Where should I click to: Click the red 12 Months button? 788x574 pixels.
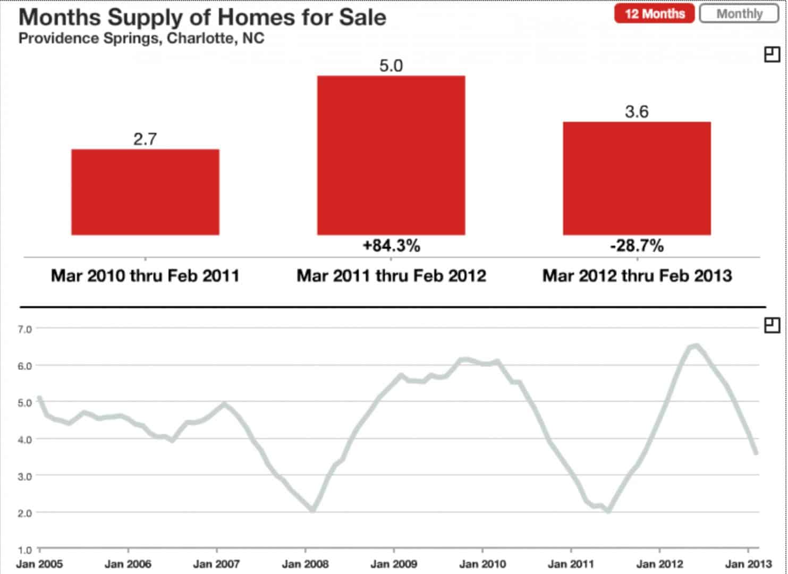coord(654,14)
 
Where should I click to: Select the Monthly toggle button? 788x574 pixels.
coord(739,14)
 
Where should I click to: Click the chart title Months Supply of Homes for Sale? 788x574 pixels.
coord(202,18)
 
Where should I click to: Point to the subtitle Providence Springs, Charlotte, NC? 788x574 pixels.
coord(141,39)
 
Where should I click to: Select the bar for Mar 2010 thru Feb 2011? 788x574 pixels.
coord(145,192)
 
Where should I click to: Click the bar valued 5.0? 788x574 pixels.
coord(391,155)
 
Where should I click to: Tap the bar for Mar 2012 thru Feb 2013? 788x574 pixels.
coord(637,178)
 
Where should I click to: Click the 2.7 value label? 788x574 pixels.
coord(145,139)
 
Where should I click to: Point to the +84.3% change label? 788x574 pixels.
coord(391,246)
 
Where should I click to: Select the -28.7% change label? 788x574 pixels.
coord(637,246)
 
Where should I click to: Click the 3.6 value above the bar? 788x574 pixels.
coord(637,112)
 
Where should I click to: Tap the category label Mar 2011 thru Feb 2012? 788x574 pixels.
coord(391,276)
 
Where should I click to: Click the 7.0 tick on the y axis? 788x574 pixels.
coord(25,329)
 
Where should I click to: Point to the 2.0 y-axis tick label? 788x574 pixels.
coord(25,513)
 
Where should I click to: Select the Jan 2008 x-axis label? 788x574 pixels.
coord(305,564)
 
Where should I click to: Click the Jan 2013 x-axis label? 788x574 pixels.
coord(748,564)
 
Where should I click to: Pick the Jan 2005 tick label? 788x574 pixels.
coord(39,564)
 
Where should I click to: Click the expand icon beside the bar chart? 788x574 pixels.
coord(772,54)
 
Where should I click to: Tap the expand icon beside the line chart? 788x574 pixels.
coord(772,325)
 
